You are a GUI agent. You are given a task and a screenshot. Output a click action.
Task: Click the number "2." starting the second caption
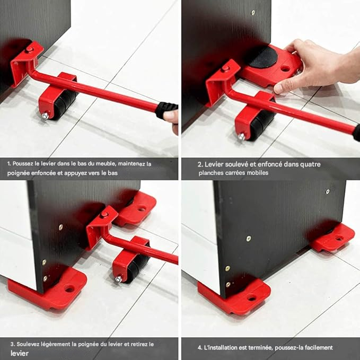pyautogui.click(x=200, y=164)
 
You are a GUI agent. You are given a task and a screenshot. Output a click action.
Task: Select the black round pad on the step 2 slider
pyautogui.click(x=268, y=57)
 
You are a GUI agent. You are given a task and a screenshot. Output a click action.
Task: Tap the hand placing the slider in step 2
pyautogui.click(x=318, y=64)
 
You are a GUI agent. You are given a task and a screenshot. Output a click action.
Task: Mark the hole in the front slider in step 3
pyautogui.click(x=69, y=289)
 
